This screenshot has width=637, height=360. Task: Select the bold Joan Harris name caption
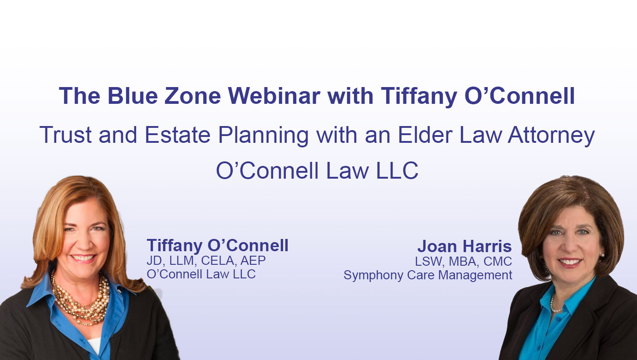point(464,247)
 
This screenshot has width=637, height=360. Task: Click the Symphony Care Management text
point(427,275)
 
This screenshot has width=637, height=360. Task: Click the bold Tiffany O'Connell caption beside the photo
point(217,246)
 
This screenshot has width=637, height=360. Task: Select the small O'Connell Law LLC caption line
point(201,274)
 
